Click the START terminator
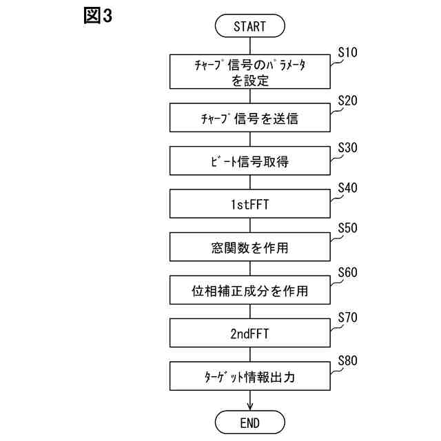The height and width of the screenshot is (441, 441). click(x=249, y=27)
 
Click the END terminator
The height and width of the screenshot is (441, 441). click(x=249, y=421)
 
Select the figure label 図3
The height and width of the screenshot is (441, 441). click(x=96, y=16)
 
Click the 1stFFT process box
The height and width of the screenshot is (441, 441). click(x=249, y=205)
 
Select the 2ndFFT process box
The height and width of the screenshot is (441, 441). click(x=249, y=334)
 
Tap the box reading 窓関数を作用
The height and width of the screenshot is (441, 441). click(x=249, y=248)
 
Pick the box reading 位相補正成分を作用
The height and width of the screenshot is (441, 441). click(x=249, y=291)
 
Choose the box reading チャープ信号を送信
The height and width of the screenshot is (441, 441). click(x=249, y=118)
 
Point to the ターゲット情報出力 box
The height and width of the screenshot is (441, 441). click(x=249, y=378)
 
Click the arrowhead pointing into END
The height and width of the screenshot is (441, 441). click(x=249, y=406)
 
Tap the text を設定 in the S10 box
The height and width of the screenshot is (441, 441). click(x=249, y=80)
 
